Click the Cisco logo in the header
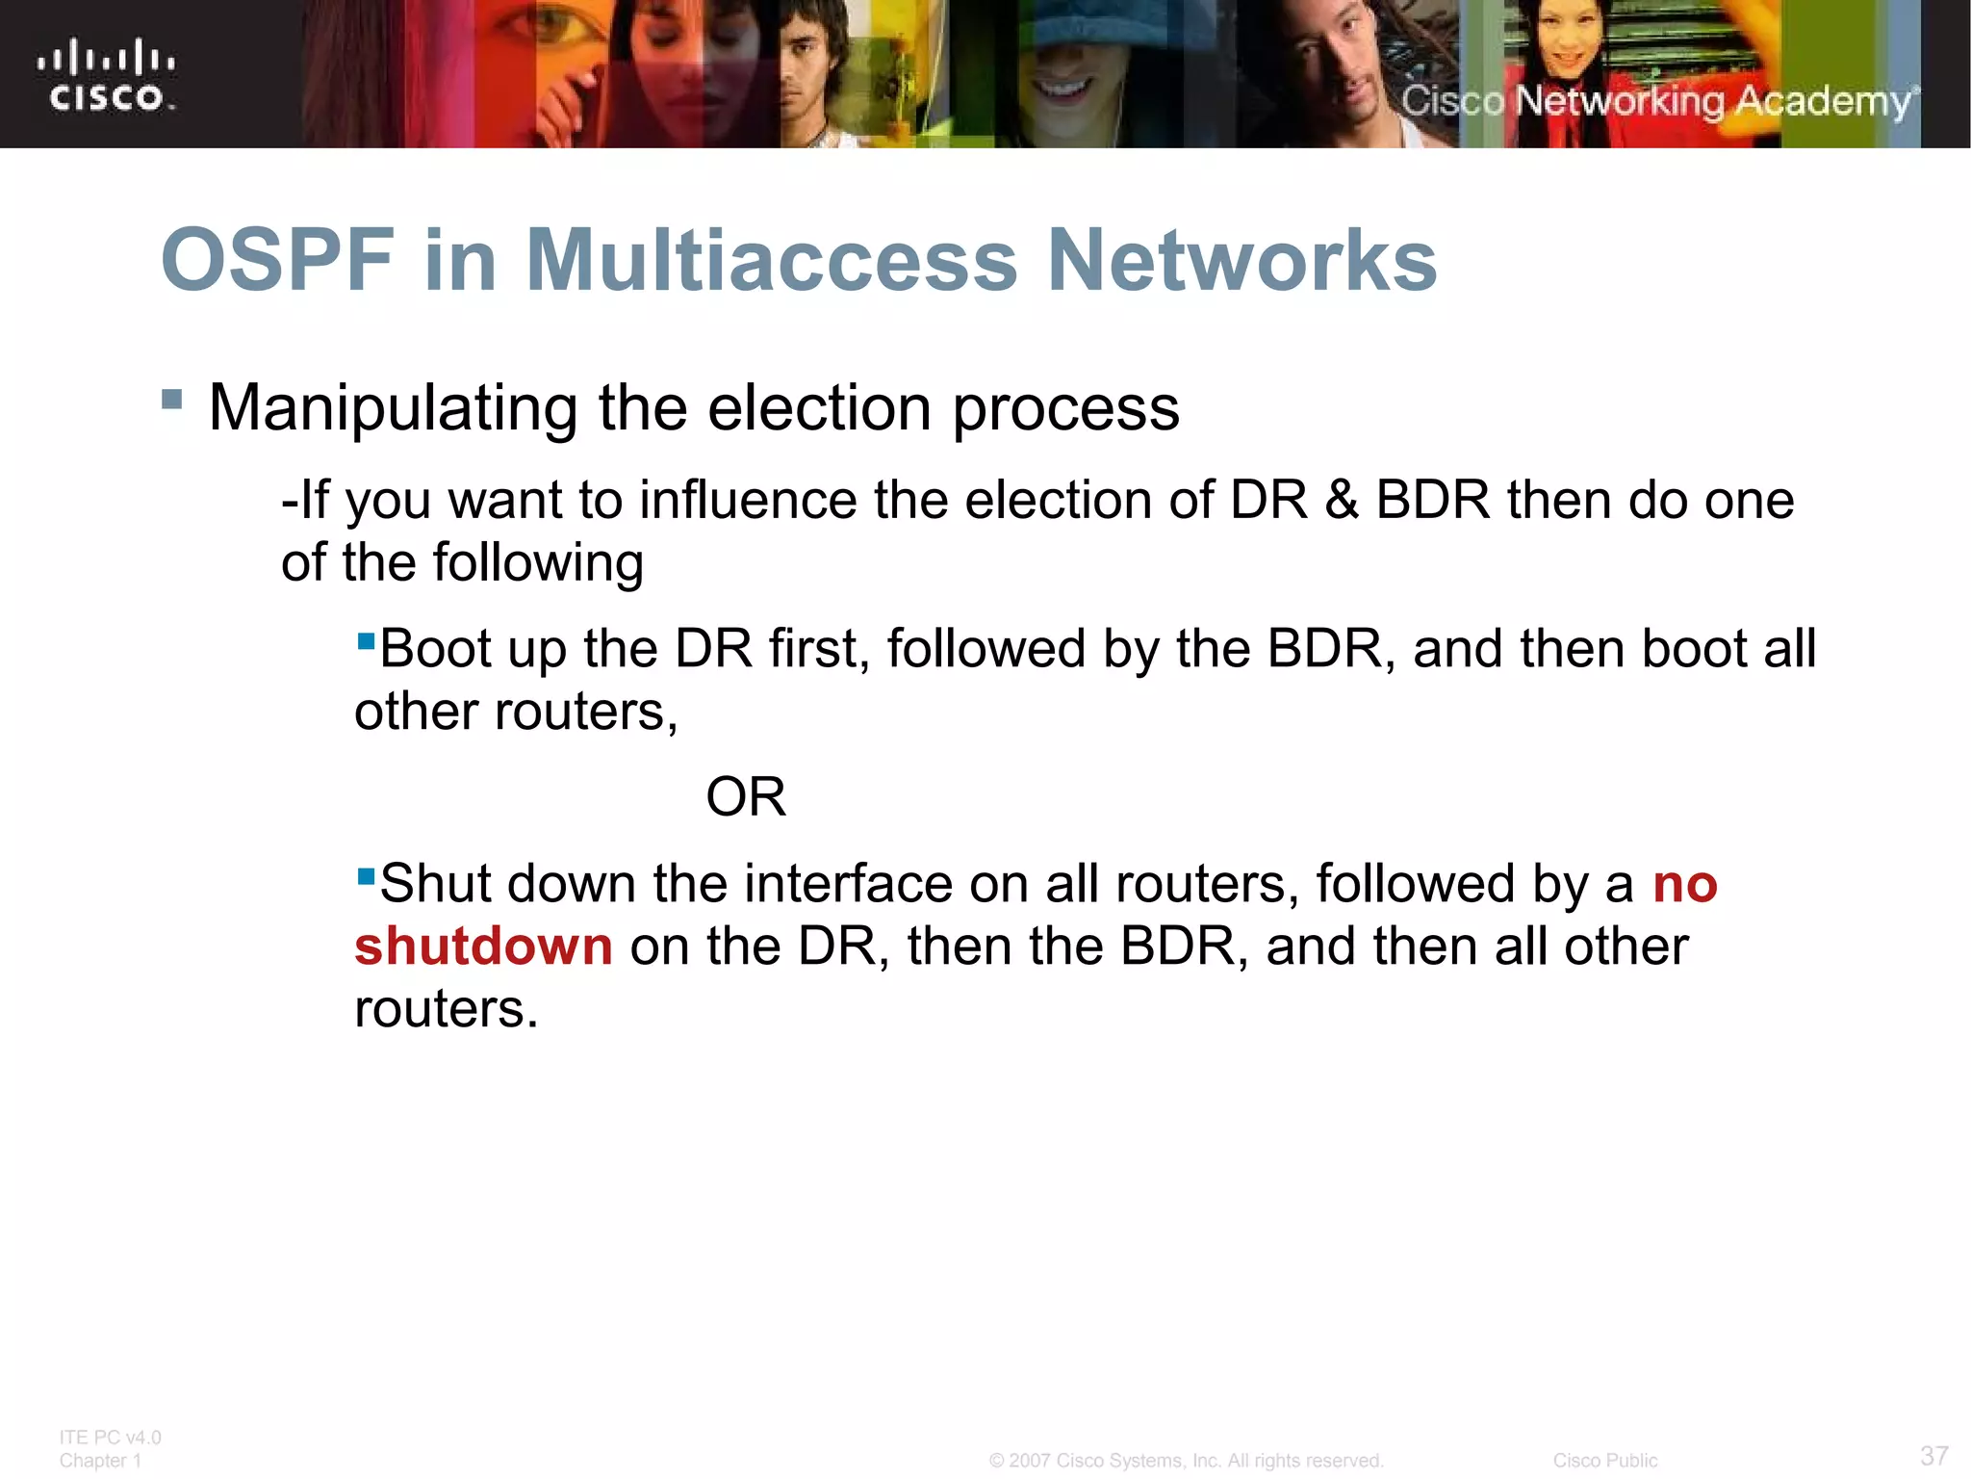coord(106,75)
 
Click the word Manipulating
coord(393,408)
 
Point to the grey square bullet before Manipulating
coord(172,399)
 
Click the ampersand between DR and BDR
coord(1342,501)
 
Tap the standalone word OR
coord(746,797)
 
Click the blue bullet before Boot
coord(366,640)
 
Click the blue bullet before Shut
coord(366,876)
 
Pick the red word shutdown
coord(483,947)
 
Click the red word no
coord(1684,884)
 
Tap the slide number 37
coord(1933,1455)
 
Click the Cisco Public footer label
coord(1604,1461)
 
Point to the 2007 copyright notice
coord(1186,1461)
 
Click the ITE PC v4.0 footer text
coord(110,1438)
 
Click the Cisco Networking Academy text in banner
coord(1655,101)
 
